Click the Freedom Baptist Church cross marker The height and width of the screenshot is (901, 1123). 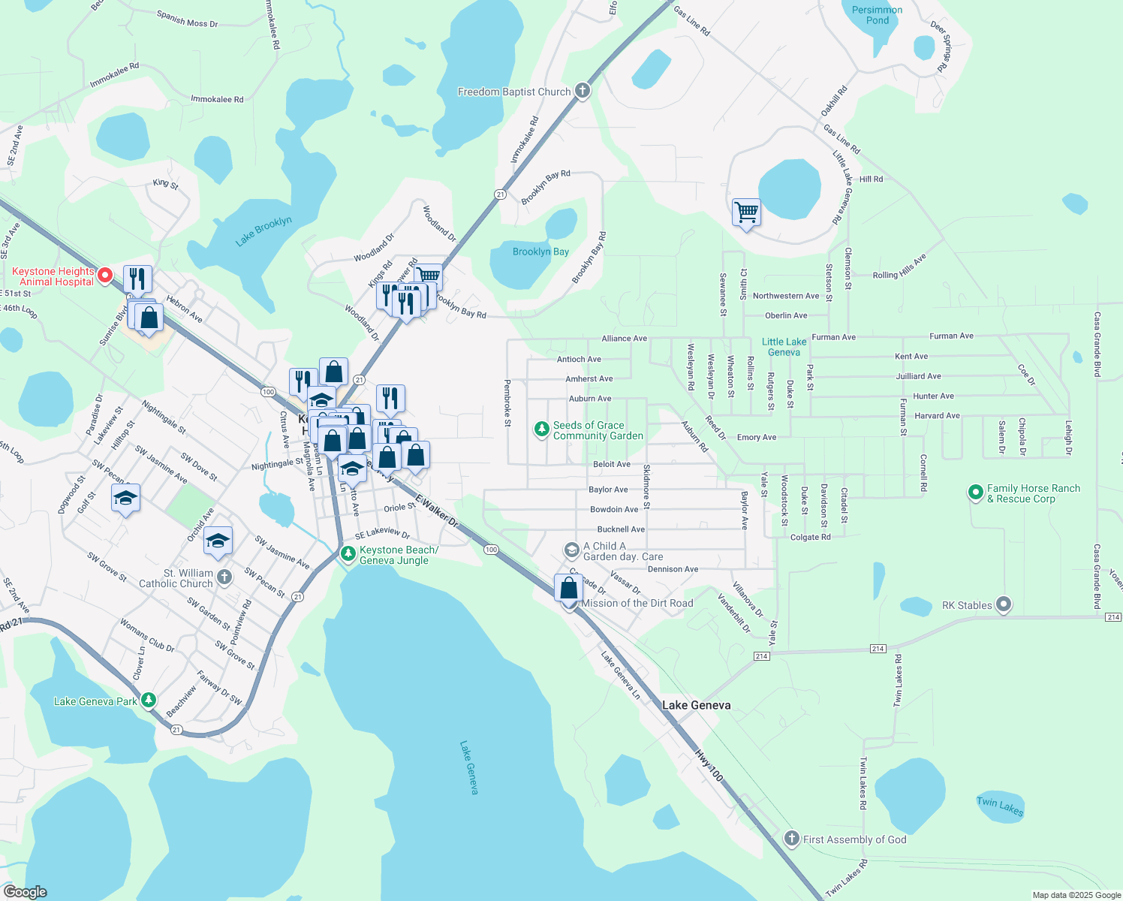pos(582,92)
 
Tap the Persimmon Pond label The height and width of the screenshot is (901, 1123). pos(877,15)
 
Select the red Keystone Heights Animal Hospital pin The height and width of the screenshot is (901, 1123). pos(105,276)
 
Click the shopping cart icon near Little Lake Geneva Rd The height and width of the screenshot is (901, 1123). pos(746,212)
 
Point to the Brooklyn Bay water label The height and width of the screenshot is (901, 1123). pos(540,252)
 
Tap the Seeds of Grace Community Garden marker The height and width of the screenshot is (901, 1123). pos(541,429)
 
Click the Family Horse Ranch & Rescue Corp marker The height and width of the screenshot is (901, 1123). pos(975,493)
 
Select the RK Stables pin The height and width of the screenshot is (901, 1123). pos(1004,604)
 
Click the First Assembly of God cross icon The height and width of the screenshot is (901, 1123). pos(791,838)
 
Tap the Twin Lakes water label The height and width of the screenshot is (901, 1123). pos(1000,806)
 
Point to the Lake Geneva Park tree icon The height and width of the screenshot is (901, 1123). pos(149,701)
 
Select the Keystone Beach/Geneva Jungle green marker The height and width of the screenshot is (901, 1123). pos(348,554)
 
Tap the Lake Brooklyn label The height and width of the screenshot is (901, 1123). pos(263,231)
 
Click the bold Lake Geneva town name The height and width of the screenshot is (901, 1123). pos(696,705)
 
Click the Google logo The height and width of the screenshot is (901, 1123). pos(25,892)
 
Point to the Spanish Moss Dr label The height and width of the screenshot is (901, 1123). pos(187,19)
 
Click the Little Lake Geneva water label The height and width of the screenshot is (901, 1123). pos(784,347)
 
